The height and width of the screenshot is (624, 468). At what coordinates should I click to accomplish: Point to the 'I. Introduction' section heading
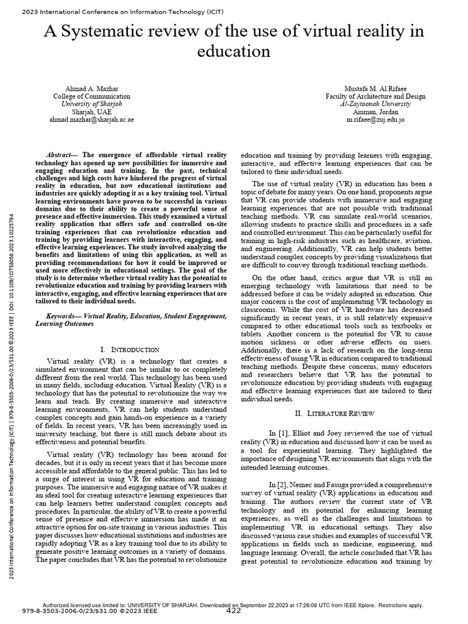point(130,350)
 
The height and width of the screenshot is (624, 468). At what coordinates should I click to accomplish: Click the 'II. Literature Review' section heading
point(337,413)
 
